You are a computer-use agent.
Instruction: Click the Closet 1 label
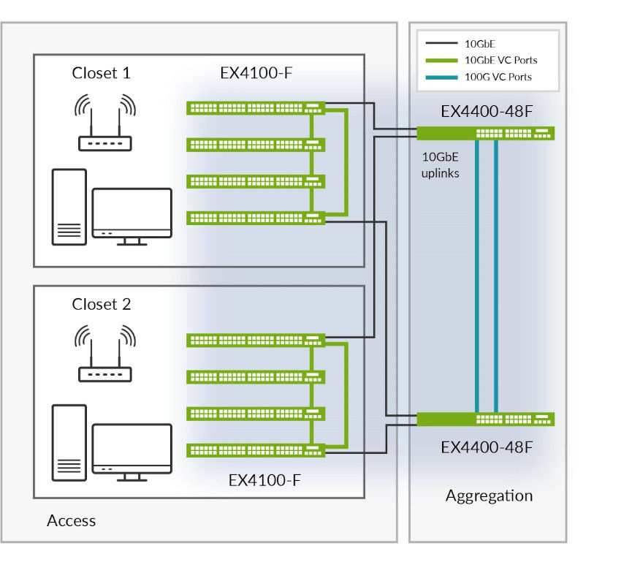coord(102,73)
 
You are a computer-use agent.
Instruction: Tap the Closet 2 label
coord(102,305)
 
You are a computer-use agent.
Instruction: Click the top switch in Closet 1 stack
coord(256,108)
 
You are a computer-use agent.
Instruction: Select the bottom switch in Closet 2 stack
coord(256,450)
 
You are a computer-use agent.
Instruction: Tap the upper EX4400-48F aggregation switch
coord(485,133)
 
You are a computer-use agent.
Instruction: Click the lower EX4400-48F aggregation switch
coord(485,419)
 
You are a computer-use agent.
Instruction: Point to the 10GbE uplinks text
coord(440,165)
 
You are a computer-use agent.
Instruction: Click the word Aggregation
coord(489,496)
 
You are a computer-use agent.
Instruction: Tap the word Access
coord(71,521)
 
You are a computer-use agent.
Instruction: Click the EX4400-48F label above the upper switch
coord(487,113)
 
